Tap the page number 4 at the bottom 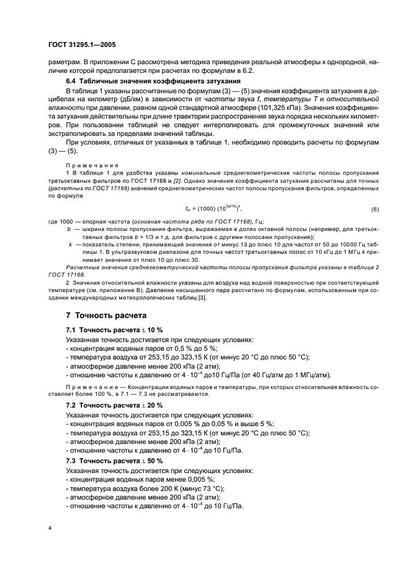pos(50,528)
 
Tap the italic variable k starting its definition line pos(71,244)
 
